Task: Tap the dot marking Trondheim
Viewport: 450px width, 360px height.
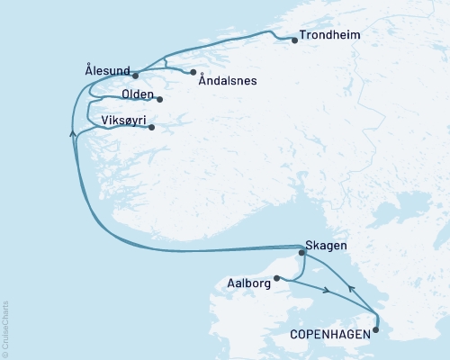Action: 295,40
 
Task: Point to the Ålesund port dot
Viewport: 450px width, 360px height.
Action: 135,76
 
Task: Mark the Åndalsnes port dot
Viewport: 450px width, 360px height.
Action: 193,72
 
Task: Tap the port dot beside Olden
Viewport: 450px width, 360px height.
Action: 160,99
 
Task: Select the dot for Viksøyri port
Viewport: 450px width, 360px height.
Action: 152,127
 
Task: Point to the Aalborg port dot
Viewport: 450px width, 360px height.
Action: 277,278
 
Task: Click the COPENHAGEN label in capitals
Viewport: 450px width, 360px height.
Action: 329,334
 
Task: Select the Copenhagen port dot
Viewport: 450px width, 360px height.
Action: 376,329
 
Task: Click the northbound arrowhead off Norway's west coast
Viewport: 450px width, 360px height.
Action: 71,133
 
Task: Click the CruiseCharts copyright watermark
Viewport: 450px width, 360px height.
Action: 6,328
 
